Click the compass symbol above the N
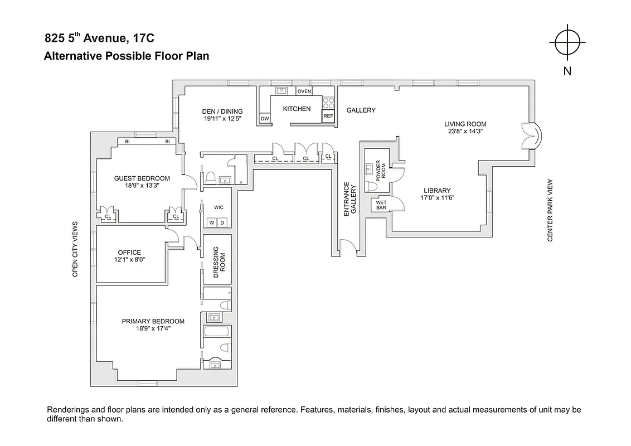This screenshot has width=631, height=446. click(x=567, y=42)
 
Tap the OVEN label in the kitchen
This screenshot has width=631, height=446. click(x=304, y=91)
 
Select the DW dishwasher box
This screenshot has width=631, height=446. click(x=265, y=118)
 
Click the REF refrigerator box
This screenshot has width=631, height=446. click(x=328, y=117)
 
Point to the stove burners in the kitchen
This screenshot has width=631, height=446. click(x=328, y=103)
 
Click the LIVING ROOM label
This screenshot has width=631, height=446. click(x=465, y=124)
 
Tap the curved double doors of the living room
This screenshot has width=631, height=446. click(x=530, y=137)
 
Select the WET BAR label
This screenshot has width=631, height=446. click(x=381, y=205)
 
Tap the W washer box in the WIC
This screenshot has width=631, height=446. click(x=211, y=222)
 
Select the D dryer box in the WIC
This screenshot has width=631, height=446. click(x=222, y=222)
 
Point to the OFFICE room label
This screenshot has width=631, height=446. click(x=129, y=253)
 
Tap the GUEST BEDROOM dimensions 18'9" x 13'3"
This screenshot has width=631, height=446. click(x=142, y=186)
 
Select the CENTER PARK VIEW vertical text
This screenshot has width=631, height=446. click(x=550, y=210)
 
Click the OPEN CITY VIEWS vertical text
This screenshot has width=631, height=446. click(x=75, y=249)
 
